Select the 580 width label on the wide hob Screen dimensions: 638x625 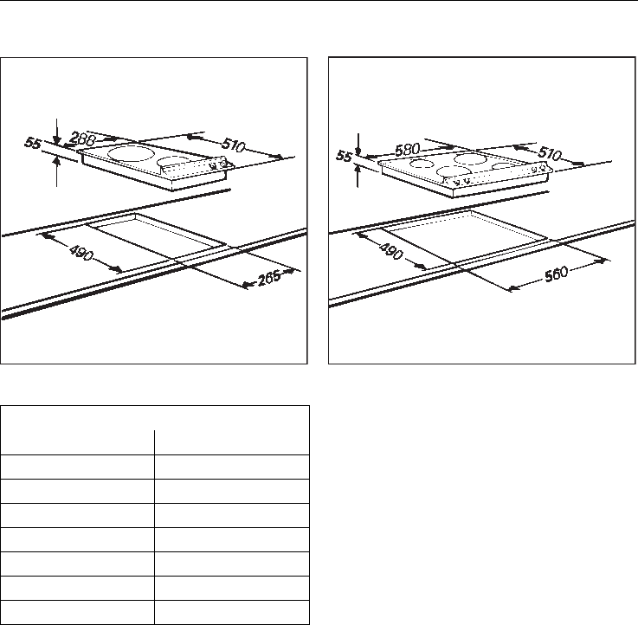click(409, 150)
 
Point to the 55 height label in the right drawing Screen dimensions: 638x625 click(345, 157)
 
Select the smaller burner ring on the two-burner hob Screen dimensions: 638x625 click(173, 161)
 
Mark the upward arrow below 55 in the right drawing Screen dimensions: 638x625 click(358, 175)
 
